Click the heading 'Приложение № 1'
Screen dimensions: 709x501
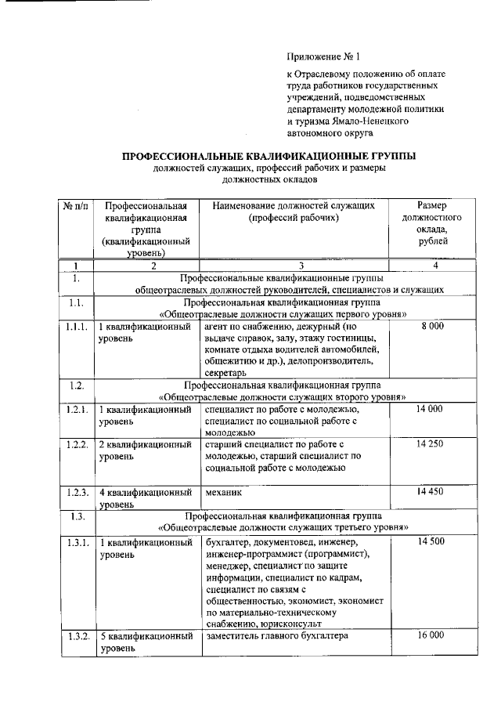click(x=323, y=57)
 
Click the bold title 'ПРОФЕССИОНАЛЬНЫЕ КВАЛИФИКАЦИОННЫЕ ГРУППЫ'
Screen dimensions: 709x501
click(x=269, y=156)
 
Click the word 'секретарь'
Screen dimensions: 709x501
click(x=225, y=375)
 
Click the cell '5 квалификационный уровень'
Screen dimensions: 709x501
click(x=146, y=642)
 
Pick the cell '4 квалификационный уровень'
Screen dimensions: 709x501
click(x=146, y=499)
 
